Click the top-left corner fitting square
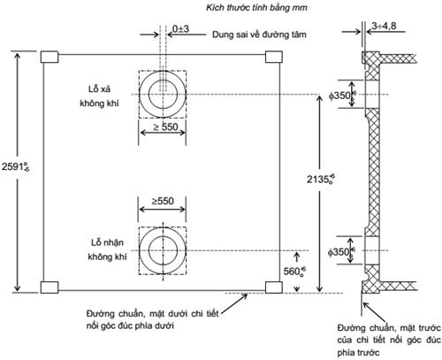(50, 57)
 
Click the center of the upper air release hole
(162, 94)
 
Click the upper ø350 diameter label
(341, 95)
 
